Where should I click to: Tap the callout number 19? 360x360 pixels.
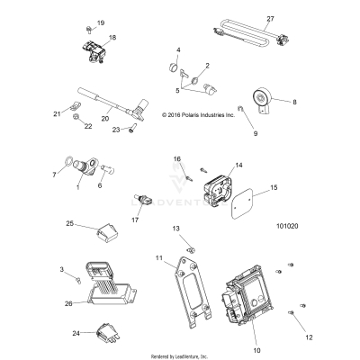pos(101,22)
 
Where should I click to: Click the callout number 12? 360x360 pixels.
pos(310,337)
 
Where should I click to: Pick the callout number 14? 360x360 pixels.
pos(238,166)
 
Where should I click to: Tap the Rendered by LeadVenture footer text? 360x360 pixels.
pos(179,355)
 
